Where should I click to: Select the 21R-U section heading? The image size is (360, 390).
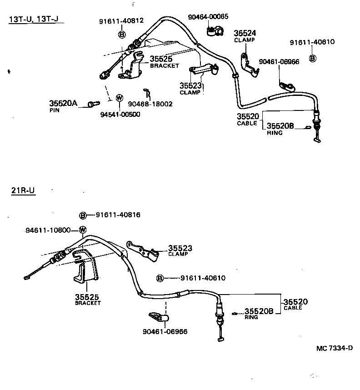click(x=23, y=190)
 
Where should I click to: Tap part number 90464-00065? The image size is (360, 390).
click(x=208, y=17)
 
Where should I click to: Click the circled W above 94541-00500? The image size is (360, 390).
click(x=119, y=98)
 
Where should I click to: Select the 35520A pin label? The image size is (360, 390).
click(x=63, y=104)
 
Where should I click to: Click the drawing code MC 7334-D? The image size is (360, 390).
click(x=335, y=348)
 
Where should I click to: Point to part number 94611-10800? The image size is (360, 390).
click(x=48, y=230)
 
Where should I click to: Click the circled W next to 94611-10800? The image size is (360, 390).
click(x=83, y=230)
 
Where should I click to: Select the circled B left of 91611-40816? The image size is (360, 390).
click(x=83, y=215)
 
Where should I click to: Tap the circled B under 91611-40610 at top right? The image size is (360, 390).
click(x=312, y=58)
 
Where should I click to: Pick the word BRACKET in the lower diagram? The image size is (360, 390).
click(x=88, y=303)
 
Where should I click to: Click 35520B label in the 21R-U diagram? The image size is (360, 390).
click(x=259, y=311)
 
